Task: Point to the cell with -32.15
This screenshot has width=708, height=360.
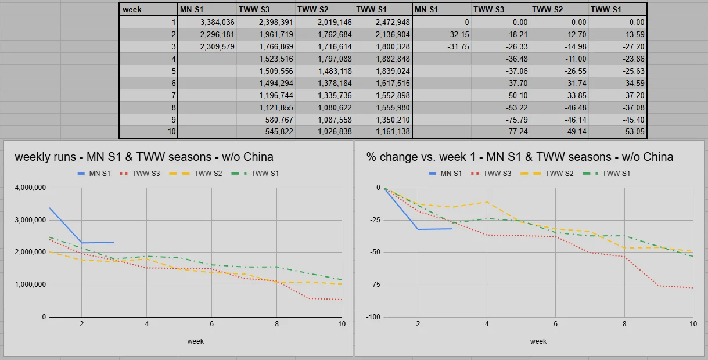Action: click(x=442, y=34)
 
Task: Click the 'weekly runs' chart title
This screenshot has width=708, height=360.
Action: click(x=144, y=157)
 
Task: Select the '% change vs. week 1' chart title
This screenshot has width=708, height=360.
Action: click(x=520, y=157)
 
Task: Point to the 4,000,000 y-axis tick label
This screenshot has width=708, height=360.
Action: click(x=28, y=188)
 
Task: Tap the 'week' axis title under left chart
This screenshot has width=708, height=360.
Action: click(x=196, y=341)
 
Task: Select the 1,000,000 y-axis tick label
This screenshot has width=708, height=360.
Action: click(x=28, y=285)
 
